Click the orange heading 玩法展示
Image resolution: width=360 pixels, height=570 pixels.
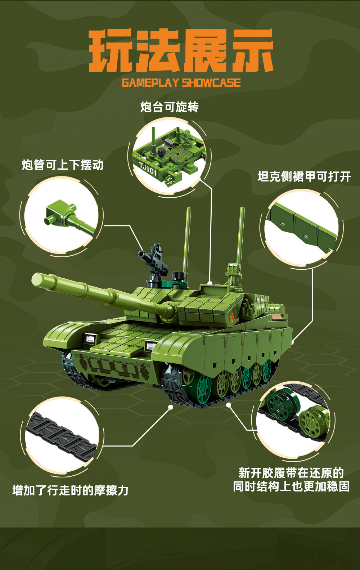pyautogui.click(x=181, y=51)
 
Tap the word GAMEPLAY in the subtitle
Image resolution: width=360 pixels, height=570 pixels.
pyautogui.click(x=150, y=83)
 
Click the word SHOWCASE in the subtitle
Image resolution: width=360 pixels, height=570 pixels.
pyautogui.click(x=211, y=83)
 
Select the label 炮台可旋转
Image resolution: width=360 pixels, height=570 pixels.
pyautogui.click(x=169, y=107)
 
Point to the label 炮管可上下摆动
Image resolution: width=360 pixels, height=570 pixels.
pyautogui.click(x=63, y=165)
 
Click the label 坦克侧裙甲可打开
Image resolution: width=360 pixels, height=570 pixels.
pyautogui.click(x=304, y=176)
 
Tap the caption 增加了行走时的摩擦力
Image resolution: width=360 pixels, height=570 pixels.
pyautogui.click(x=71, y=490)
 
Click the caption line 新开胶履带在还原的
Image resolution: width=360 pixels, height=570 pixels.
pyautogui.click(x=291, y=472)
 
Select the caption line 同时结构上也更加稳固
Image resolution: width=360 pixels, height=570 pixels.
pyautogui.click(x=291, y=486)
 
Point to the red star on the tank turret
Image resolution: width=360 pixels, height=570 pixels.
pyautogui.click(x=232, y=318)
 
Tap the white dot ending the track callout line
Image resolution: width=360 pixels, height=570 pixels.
pyautogui.click(x=171, y=407)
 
